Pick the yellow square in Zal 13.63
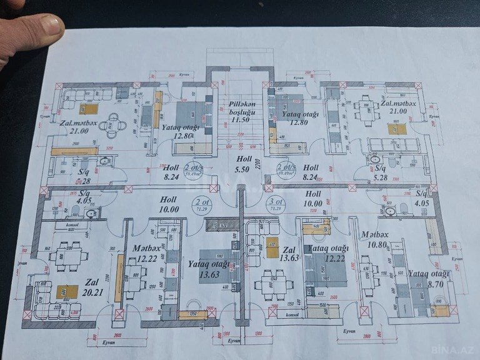point(271,244)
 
